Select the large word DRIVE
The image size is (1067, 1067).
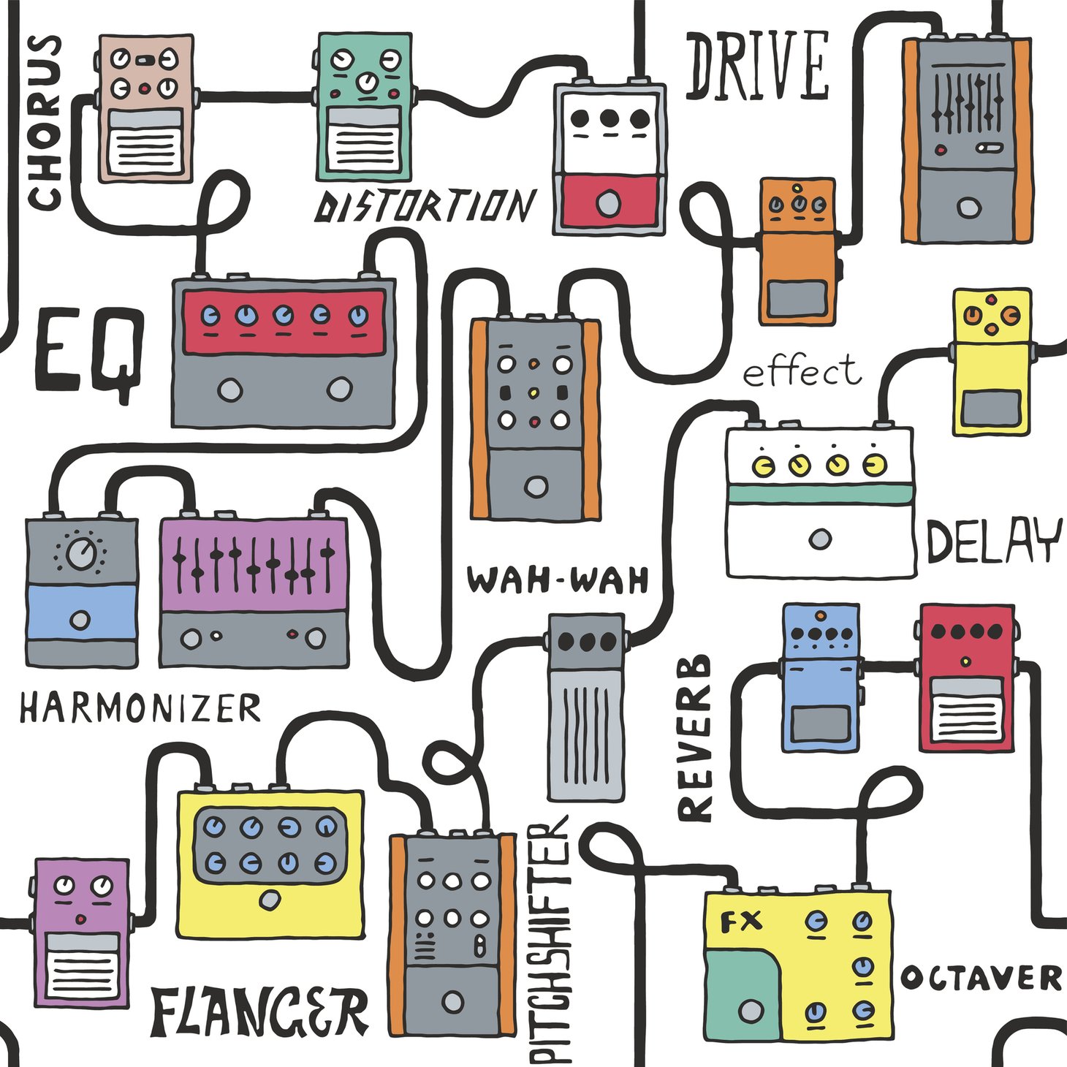(x=757, y=66)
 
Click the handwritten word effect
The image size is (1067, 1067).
(x=802, y=372)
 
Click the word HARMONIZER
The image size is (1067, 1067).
(x=140, y=708)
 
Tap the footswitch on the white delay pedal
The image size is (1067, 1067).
(x=820, y=539)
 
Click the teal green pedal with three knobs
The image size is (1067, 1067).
(x=365, y=106)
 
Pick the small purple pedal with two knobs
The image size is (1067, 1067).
(x=81, y=933)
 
